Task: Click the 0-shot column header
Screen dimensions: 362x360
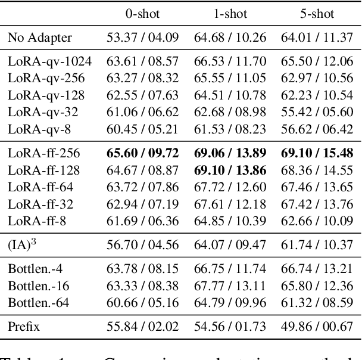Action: tap(142, 13)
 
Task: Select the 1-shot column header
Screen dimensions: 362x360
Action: tap(230, 13)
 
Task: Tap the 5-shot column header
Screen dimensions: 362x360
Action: tap(317, 13)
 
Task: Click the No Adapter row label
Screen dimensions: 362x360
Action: tap(40, 39)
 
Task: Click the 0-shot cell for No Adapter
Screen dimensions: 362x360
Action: tap(142, 39)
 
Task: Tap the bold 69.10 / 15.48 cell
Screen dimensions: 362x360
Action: tap(317, 153)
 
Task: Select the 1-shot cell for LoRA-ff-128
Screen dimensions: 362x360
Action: tap(230, 171)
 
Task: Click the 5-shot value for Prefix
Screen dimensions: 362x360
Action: tap(317, 325)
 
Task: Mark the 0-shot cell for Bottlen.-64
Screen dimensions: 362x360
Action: tap(142, 303)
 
